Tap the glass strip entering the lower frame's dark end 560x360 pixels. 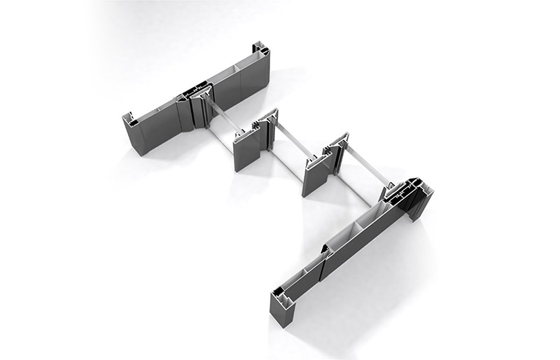tap(365, 172)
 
